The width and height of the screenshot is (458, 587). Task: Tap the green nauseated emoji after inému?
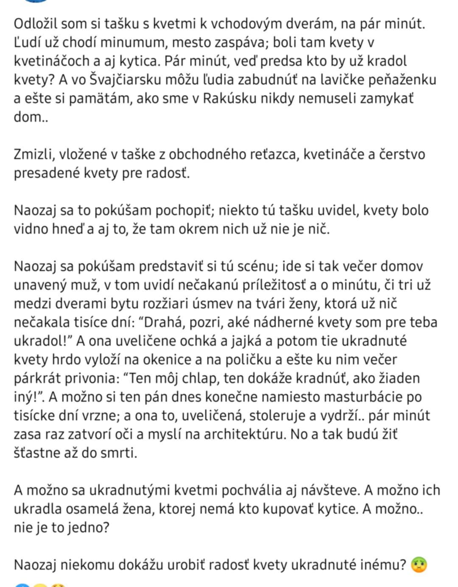point(419,565)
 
